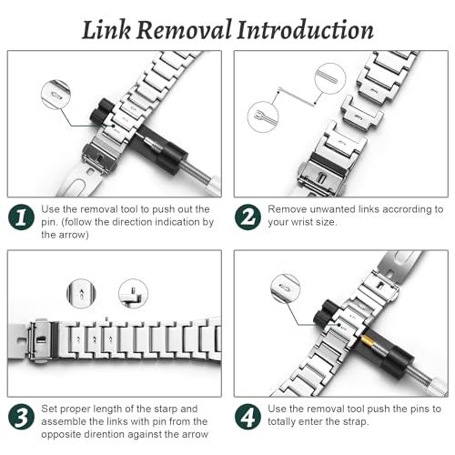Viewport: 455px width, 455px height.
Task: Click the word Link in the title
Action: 106,30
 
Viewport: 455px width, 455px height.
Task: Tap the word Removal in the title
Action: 184,30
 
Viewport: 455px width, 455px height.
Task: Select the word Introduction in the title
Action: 305,30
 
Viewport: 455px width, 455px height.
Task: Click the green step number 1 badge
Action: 21,217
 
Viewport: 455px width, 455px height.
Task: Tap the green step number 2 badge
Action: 248,217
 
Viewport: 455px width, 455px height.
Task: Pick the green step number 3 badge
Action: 21,417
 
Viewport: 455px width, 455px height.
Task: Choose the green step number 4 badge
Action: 248,417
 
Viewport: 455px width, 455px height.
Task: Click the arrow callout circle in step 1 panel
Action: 56,95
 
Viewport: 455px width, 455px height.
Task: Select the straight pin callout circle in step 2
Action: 330,78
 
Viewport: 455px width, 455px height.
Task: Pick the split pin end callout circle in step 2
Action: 263,116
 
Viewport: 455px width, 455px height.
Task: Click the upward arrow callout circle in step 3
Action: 81,294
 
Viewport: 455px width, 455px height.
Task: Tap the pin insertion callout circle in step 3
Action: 133,294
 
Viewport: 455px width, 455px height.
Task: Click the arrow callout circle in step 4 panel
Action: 285,288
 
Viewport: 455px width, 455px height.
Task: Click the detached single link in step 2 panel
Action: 362,113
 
